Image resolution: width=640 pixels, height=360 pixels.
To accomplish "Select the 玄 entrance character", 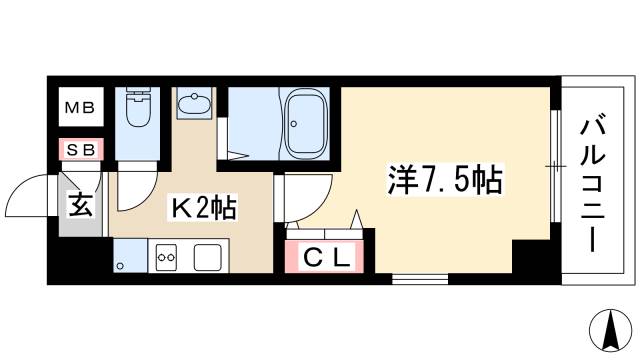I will [x=79, y=207].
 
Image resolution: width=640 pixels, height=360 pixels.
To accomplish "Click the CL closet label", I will [x=325, y=257].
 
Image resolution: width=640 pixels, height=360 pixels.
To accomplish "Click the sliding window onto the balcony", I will [x=552, y=164].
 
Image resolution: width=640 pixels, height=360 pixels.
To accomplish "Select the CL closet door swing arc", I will [x=354, y=222].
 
